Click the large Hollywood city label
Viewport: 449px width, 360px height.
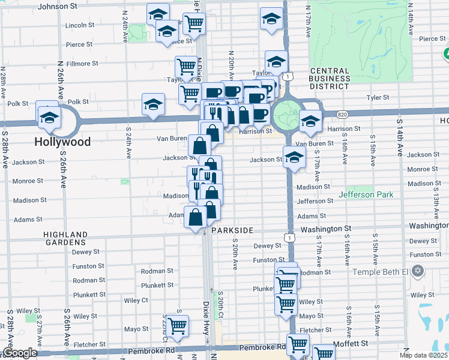pos(62,142)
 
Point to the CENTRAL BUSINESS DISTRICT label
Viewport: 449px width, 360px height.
pos(330,79)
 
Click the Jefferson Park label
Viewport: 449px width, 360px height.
pos(366,194)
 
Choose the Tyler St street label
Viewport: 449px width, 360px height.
pos(378,97)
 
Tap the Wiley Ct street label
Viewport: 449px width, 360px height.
pos(136,300)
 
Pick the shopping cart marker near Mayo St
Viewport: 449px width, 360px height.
pos(177,326)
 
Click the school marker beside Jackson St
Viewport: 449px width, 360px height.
pos(294,158)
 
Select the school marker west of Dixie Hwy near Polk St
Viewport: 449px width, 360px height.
pos(153,104)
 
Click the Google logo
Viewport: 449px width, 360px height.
pos(20,353)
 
